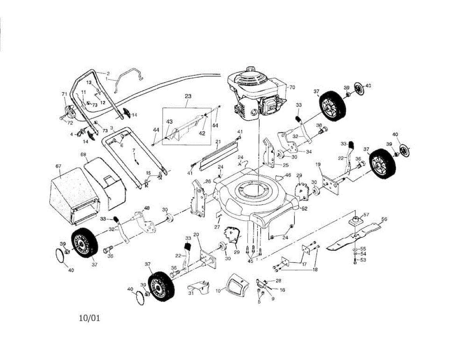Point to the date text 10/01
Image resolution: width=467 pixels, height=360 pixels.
pyautogui.click(x=90, y=318)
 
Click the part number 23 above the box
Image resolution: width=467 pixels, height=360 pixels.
pyautogui.click(x=188, y=96)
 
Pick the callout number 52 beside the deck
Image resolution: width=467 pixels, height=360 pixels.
pyautogui.click(x=304, y=209)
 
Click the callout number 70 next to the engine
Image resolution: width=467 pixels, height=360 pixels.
pyautogui.click(x=292, y=87)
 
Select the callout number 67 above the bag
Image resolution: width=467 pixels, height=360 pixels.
pyautogui.click(x=59, y=167)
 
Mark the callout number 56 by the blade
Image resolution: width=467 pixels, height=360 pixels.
pyautogui.click(x=384, y=219)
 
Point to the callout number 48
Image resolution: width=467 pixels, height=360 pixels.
pyautogui.click(x=147, y=208)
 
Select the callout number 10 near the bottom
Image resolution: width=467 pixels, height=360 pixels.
pyautogui.click(x=218, y=290)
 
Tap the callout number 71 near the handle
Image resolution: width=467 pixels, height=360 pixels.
pyautogui.click(x=65, y=94)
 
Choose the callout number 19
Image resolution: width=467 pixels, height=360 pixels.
pyautogui.click(x=318, y=165)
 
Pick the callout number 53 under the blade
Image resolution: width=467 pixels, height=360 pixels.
pyautogui.click(x=363, y=260)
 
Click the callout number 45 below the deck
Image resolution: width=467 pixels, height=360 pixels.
pyautogui.click(x=250, y=261)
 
